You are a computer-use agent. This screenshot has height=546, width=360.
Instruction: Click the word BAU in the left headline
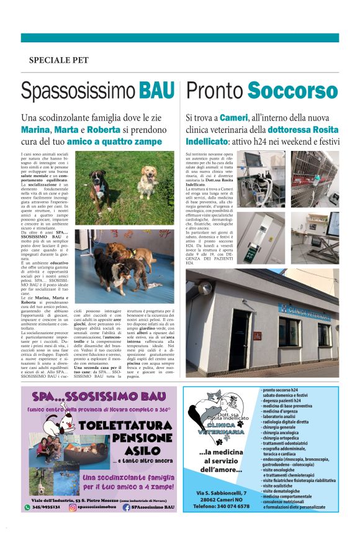point(157,91)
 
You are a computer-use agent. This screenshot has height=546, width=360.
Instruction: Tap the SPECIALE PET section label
point(58,60)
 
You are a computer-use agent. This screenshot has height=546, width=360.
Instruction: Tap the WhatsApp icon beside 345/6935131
point(27,507)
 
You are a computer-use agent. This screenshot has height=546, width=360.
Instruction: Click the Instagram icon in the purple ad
point(72,507)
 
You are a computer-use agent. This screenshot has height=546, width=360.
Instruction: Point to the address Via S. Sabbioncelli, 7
point(222,492)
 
